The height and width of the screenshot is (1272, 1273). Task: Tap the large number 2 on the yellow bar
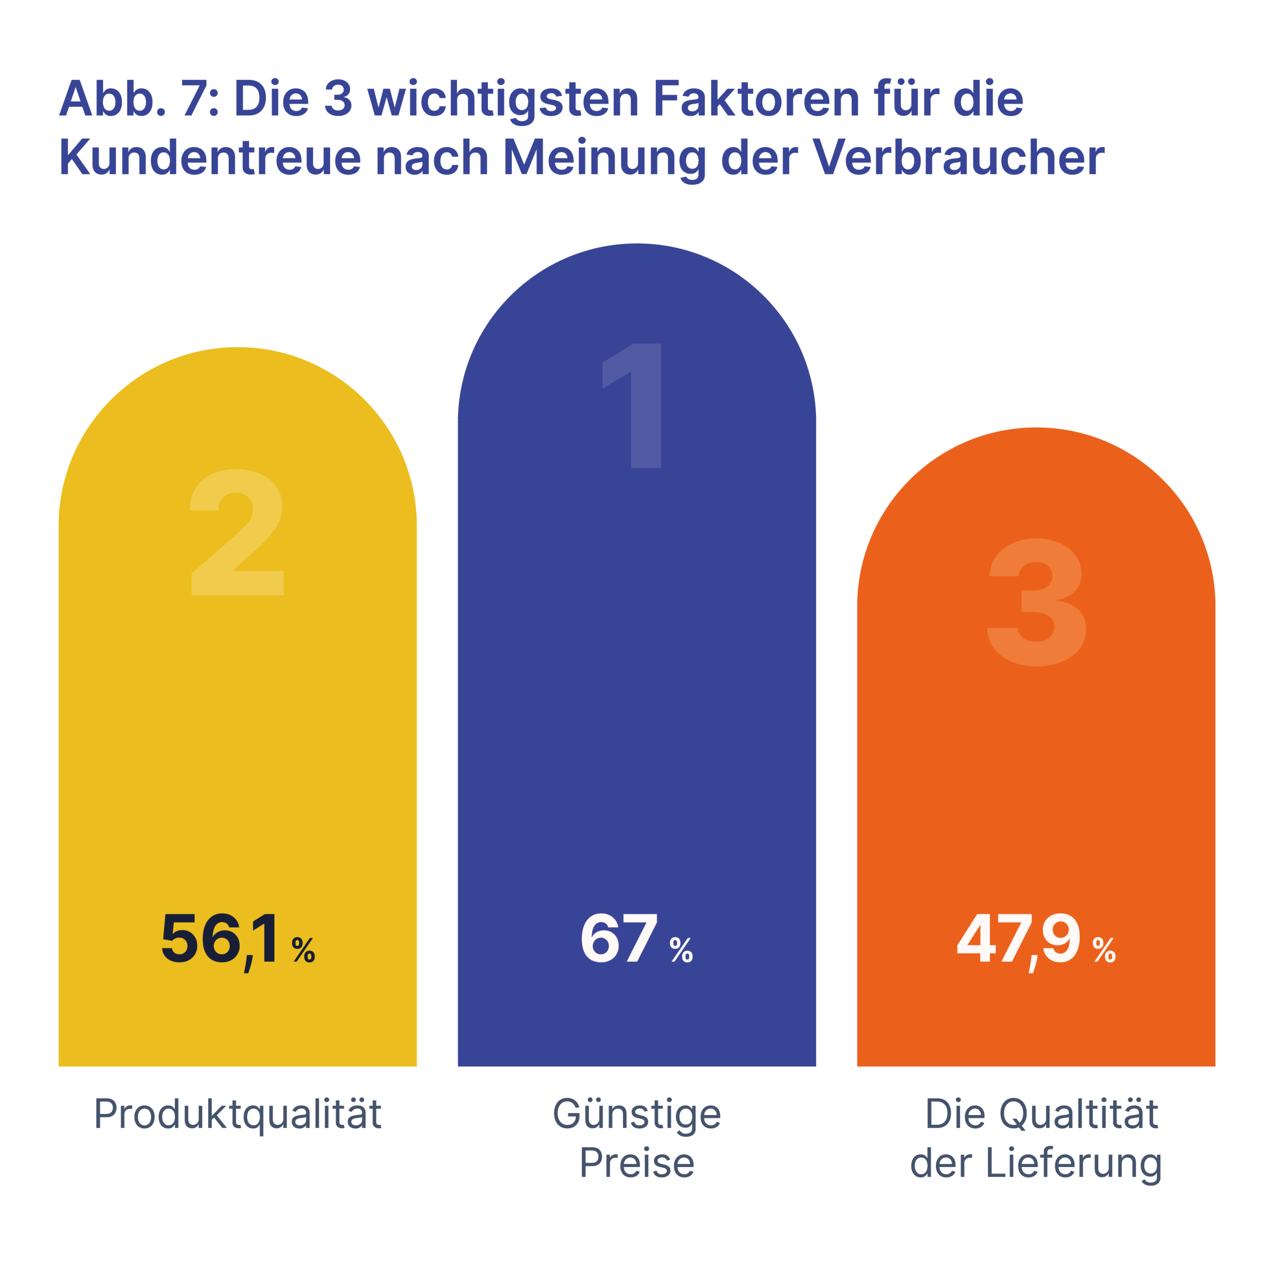pos(237,532)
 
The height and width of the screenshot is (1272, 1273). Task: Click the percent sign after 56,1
pos(304,950)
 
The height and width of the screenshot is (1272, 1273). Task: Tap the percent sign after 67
pos(681,950)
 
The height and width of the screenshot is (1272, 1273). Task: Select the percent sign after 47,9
pos(1104,950)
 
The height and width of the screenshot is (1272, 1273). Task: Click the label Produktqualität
pos(238,1114)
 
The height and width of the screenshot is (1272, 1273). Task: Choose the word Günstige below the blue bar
pos(637,1114)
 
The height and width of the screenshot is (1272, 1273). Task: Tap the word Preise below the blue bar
pos(637,1163)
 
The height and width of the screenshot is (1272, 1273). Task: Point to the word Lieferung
pos(1074,1163)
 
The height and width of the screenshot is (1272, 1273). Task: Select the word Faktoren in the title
pos(756,99)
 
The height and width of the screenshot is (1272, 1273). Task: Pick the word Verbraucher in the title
pos(958,158)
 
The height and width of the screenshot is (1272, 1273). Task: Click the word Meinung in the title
pos(605,158)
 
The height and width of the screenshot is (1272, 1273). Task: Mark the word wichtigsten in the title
pos(503,99)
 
